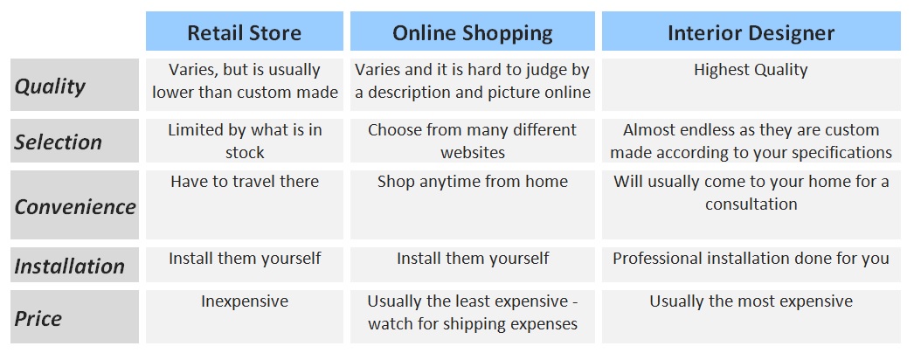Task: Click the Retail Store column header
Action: pos(245,31)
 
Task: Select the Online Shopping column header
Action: pos(472,31)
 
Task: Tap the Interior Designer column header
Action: pos(751,31)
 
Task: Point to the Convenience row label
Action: pos(74,205)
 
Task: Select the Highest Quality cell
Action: pos(751,85)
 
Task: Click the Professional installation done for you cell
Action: pos(751,265)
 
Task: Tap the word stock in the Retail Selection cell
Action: pos(245,153)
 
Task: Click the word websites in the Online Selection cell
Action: pos(472,153)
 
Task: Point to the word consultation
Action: pos(751,204)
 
